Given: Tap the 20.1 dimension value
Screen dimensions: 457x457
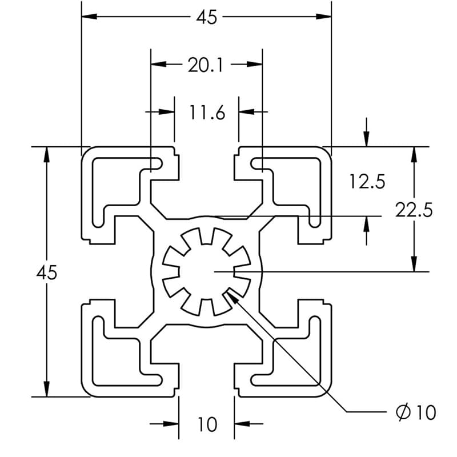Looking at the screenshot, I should coord(206,65).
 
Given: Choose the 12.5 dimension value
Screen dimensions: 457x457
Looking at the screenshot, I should coord(367,182).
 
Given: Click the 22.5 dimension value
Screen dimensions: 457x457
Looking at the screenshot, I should coord(414,210).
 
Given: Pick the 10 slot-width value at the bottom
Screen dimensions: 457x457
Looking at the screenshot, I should coord(207,424).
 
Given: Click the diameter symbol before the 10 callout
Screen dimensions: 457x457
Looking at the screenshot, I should coord(403,411).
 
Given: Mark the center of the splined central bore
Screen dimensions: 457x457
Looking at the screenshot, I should coord(207,271).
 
